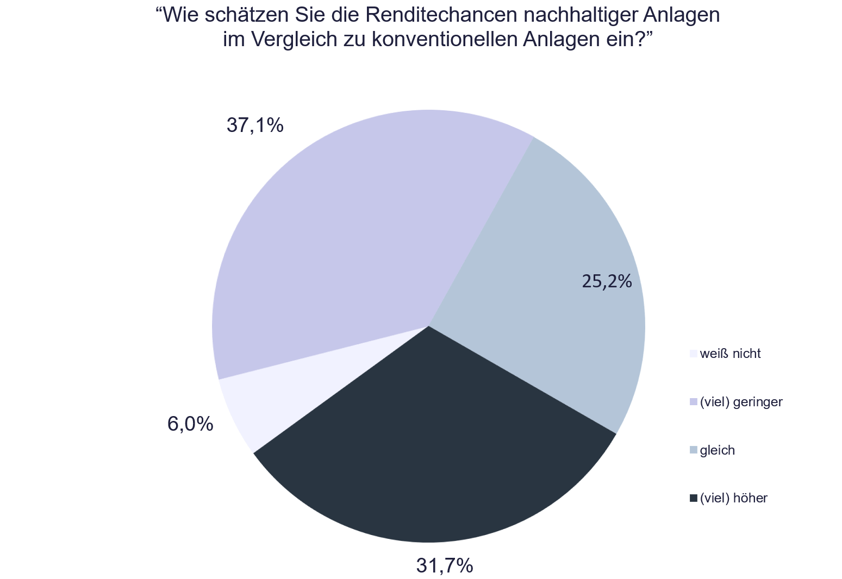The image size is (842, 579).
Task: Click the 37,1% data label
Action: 255,125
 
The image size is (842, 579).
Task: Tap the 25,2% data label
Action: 607,281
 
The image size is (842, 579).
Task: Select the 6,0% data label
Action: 190,424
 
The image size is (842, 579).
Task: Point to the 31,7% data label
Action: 444,566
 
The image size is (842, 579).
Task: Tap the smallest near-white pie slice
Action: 255,397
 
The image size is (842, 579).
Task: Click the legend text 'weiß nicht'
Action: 730,354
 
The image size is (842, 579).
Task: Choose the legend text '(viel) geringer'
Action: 741,402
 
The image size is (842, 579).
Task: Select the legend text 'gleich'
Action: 717,450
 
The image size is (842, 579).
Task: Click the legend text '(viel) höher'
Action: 733,498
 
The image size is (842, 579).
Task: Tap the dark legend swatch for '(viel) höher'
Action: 693,498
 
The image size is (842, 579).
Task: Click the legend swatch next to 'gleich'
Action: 693,450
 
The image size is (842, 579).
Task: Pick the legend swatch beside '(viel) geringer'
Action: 693,402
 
